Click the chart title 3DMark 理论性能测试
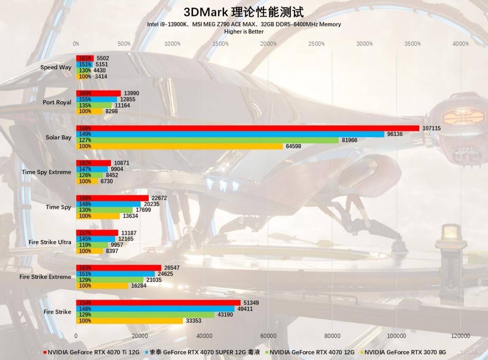(243, 12)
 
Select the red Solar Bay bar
(247, 128)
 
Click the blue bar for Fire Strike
(155, 309)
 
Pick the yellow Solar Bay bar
(179, 146)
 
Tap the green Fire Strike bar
(145, 315)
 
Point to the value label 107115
(431, 128)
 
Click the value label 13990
(132, 94)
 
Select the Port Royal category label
(57, 102)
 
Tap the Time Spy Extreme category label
(47, 172)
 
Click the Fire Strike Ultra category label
(50, 242)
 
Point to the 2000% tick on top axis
(268, 44)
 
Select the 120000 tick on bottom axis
(461, 336)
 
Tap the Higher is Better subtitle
(244, 32)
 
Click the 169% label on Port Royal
(85, 94)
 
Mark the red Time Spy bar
(112, 198)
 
